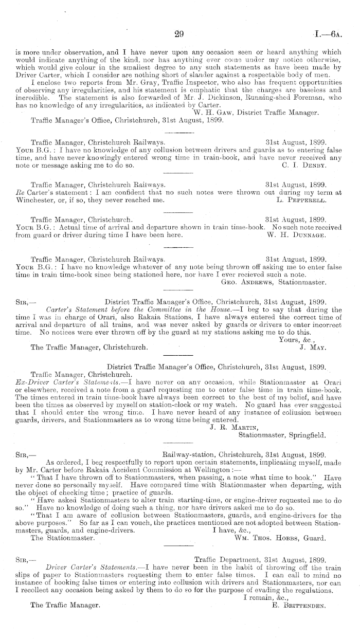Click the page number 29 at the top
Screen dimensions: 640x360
click(179, 34)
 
